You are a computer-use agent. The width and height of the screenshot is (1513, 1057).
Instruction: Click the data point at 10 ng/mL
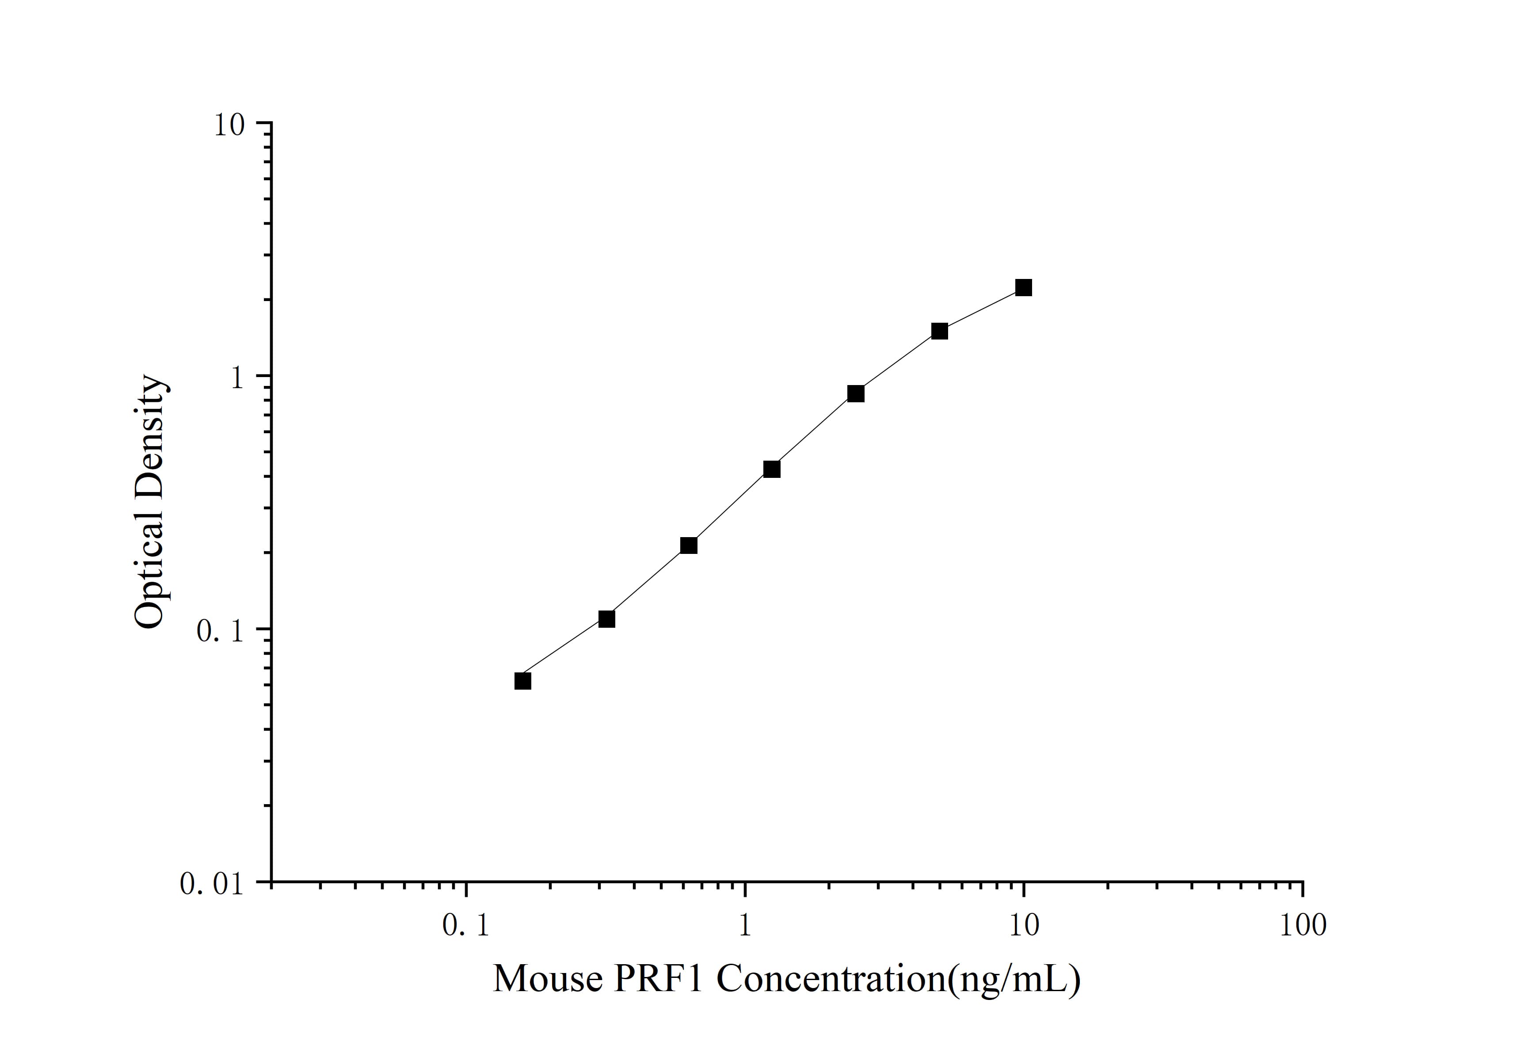1023,287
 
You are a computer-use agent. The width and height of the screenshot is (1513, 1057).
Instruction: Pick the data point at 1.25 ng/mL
772,469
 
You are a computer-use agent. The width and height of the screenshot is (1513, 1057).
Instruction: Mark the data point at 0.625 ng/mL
689,546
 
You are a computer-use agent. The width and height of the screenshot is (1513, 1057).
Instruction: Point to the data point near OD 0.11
607,619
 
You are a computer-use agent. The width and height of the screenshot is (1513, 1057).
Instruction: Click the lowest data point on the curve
522,681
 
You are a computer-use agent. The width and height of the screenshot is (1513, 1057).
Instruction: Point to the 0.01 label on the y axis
212,884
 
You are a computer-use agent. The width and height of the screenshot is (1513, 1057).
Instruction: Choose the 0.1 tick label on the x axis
466,926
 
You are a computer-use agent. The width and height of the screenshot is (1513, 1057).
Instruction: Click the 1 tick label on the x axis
745,926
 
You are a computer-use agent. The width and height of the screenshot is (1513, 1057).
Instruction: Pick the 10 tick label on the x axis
1023,926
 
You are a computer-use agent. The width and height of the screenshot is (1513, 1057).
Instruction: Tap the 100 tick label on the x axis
1303,926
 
